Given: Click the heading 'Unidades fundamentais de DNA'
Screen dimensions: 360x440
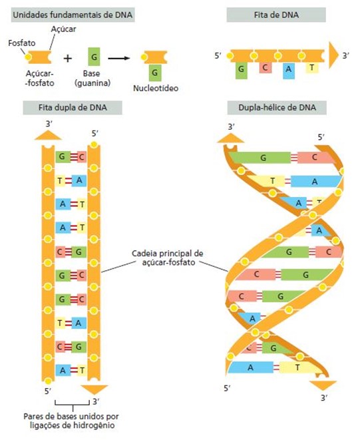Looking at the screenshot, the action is (73, 15).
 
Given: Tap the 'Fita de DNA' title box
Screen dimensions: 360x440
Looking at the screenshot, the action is (276, 15).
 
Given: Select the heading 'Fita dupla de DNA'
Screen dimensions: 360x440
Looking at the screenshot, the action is (73, 107).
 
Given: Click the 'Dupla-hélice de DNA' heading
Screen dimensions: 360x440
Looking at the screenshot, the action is (277, 107).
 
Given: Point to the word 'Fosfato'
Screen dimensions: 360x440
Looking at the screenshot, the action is (22, 43).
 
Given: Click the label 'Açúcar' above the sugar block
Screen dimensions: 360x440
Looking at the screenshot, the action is (63, 29).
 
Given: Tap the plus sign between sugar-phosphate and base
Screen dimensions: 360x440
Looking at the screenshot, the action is (68, 59).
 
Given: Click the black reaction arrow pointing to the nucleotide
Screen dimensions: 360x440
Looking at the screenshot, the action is (119, 59).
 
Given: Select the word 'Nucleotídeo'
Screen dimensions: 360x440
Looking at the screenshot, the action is (156, 88).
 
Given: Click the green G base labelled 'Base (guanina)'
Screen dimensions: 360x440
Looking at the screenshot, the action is (94, 57).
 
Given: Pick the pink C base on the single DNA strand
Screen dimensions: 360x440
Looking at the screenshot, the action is (265, 67).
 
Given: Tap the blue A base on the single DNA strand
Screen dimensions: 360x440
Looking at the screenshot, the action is (289, 70).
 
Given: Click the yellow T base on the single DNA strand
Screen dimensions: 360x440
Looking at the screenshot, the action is (312, 67).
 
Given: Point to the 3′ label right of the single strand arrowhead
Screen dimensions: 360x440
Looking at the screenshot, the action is (345, 55).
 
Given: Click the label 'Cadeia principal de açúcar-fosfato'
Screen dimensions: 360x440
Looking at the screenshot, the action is (168, 258).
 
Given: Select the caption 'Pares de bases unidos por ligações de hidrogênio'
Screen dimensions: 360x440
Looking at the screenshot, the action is (71, 420).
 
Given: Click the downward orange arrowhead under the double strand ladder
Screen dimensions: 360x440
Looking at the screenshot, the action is (94, 390).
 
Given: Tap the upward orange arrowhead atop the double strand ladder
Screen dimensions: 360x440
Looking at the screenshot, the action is (48, 135).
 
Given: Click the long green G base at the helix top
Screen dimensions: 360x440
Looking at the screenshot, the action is (260, 158).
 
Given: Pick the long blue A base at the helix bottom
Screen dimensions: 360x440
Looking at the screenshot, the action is (251, 367).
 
